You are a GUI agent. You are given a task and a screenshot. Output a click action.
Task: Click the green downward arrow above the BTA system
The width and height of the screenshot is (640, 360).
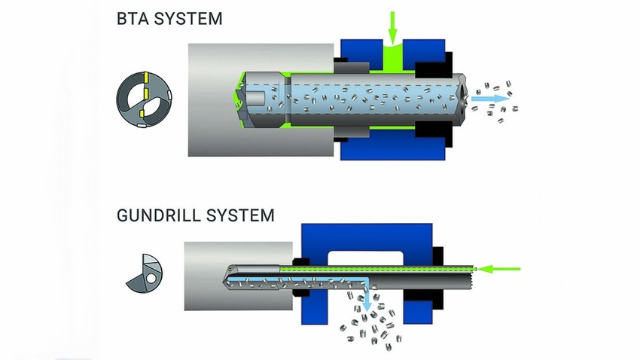391,27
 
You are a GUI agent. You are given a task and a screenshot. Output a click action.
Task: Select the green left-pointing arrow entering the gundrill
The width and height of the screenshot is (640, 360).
501,267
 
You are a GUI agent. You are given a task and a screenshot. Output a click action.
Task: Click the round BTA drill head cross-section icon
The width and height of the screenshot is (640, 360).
145,97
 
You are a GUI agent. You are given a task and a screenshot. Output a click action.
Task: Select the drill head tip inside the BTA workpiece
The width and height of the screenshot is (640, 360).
240,98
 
